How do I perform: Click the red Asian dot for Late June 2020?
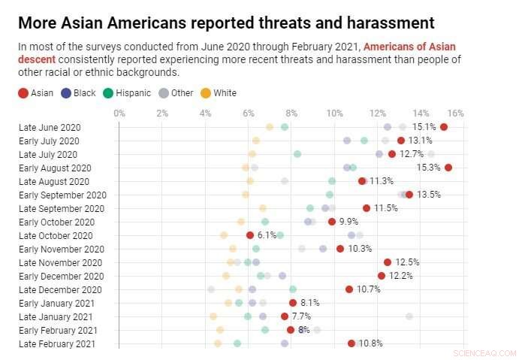pos(444,127)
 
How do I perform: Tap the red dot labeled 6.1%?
pos(250,235)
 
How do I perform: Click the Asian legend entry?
pos(36,93)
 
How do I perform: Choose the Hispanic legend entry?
pos(128,93)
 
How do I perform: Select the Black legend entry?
pos(78,93)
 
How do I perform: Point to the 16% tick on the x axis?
pos(455,113)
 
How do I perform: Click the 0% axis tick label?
pos(119,113)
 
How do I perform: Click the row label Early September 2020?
pos(62,195)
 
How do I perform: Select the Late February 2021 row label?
pos(57,343)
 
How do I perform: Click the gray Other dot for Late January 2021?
pos(409,316)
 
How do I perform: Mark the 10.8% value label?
pos(371,343)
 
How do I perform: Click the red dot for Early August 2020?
pos(448,168)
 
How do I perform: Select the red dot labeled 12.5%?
pos(388,262)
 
